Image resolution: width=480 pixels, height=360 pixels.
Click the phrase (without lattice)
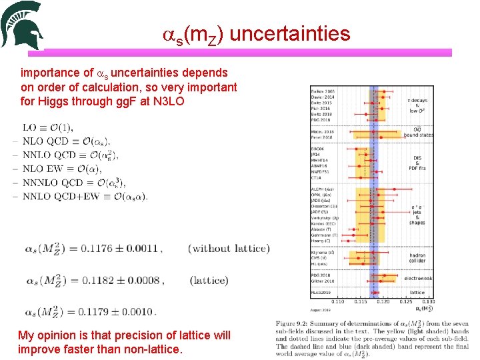click(229, 249)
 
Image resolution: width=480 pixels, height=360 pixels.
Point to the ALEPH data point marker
click(394, 189)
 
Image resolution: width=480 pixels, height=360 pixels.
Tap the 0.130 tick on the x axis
click(429, 301)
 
